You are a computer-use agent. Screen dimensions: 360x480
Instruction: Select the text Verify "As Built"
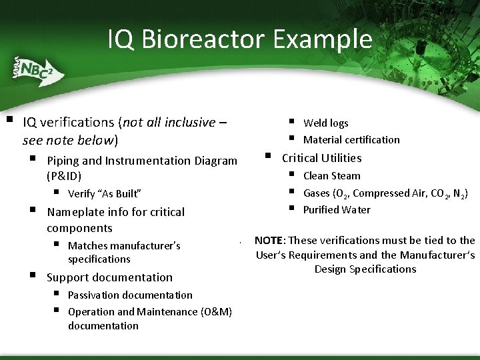pos(104,194)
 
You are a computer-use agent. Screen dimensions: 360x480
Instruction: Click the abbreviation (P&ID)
pos(64,177)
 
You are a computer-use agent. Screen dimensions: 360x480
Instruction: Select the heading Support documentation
pos(109,277)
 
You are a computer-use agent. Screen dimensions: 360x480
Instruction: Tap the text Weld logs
pos(325,123)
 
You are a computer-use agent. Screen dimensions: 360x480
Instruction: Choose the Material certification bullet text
pos(351,139)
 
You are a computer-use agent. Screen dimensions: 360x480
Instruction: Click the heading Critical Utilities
pos(321,158)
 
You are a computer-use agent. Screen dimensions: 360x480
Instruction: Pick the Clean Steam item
pos(331,176)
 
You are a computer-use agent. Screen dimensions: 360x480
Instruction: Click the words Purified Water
pos(337,210)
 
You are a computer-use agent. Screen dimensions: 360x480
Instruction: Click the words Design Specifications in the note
pos(365,269)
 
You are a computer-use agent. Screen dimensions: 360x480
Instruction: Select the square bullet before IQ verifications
pos(9,121)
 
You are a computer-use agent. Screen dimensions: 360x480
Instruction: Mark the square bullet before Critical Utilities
pos(268,157)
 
